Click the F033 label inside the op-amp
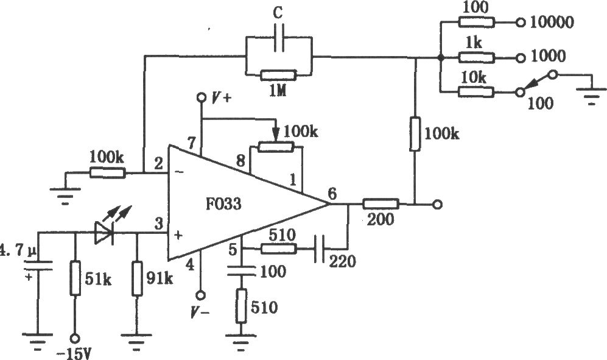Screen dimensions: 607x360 223,203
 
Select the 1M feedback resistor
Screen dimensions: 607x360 279,75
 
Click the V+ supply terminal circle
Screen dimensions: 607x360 201,97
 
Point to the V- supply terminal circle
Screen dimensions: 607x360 200,295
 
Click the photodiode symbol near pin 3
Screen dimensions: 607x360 104,233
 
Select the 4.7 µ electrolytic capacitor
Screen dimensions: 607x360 38,266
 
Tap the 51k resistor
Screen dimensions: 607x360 75,278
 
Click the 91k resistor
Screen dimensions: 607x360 137,278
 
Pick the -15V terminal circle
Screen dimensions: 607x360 75,338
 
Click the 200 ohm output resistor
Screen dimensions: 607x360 381,204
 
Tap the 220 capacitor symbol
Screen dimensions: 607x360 320,249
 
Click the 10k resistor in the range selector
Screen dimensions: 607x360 477,92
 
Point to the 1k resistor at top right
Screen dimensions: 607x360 477,58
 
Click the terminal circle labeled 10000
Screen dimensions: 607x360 521,23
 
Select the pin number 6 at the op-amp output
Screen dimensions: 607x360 332,193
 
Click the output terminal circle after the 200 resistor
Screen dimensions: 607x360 437,205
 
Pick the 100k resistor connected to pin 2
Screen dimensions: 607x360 108,173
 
